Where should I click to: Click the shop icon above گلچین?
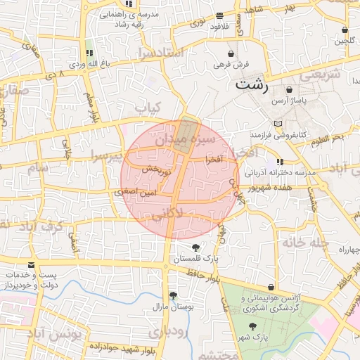pos(344,31)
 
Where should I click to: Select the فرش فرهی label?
pos(231,64)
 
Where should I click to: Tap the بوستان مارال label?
pos(173,306)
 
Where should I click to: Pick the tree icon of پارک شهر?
pos(252,326)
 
